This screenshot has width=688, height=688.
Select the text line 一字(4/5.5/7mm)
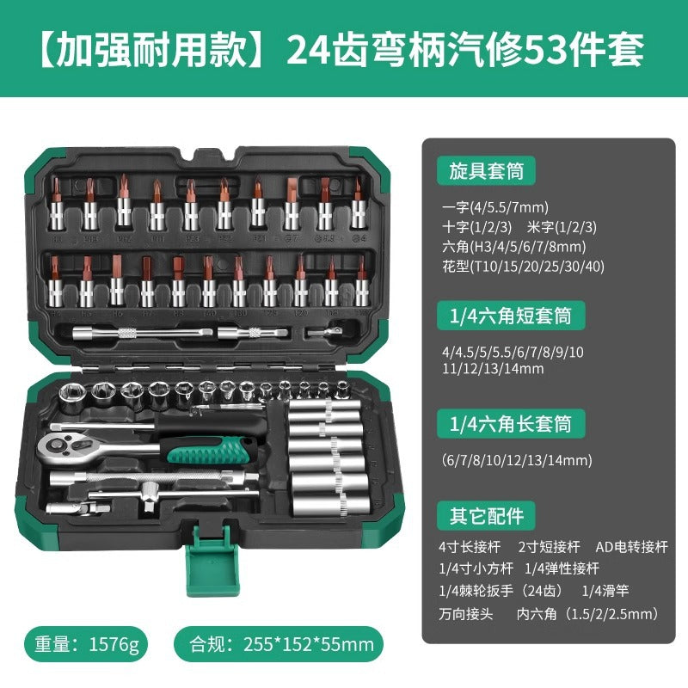pyautogui.click(x=494, y=206)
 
